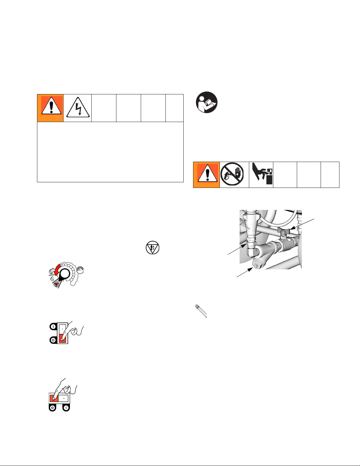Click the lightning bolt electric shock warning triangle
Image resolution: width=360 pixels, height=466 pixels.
[78, 107]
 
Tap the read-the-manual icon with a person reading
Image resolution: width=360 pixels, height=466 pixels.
[207, 102]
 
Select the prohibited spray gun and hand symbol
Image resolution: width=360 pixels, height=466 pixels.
[232, 174]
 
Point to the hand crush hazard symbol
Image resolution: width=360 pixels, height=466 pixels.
[262, 173]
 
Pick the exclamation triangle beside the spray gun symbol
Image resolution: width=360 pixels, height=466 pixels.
[207, 173]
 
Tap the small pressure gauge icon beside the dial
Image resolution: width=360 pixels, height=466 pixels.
[80, 270]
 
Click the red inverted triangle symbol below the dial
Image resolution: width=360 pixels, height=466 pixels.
[56, 284]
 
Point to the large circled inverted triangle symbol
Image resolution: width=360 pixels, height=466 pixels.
[152, 248]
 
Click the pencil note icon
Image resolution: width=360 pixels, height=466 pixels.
[201, 311]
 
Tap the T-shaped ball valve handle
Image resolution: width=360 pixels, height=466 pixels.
[283, 231]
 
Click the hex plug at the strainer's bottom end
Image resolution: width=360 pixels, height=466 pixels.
[257, 264]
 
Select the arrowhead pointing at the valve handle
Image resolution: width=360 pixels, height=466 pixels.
[293, 228]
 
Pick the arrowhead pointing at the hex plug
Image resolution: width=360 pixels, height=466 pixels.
[250, 270]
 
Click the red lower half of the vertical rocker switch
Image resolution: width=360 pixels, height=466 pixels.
[62, 338]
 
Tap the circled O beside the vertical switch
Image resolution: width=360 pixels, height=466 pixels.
[53, 340]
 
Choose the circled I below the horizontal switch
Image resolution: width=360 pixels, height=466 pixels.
[66, 408]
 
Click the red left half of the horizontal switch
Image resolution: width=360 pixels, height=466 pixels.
[54, 398]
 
